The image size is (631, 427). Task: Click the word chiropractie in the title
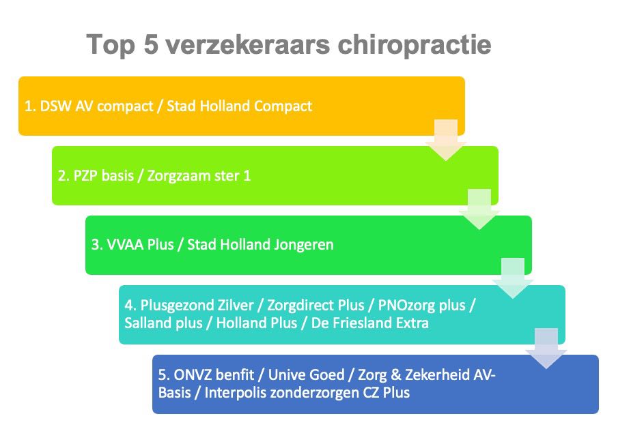[x=415, y=45]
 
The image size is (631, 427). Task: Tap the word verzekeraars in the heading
[x=247, y=44]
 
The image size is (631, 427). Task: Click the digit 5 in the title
[x=150, y=44]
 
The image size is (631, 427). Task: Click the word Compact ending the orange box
[x=283, y=106]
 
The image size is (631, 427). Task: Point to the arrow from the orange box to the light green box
[x=446, y=140]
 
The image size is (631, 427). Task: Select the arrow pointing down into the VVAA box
[x=479, y=209]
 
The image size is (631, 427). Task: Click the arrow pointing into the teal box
[x=513, y=278]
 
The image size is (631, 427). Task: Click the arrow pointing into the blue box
[x=546, y=348]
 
